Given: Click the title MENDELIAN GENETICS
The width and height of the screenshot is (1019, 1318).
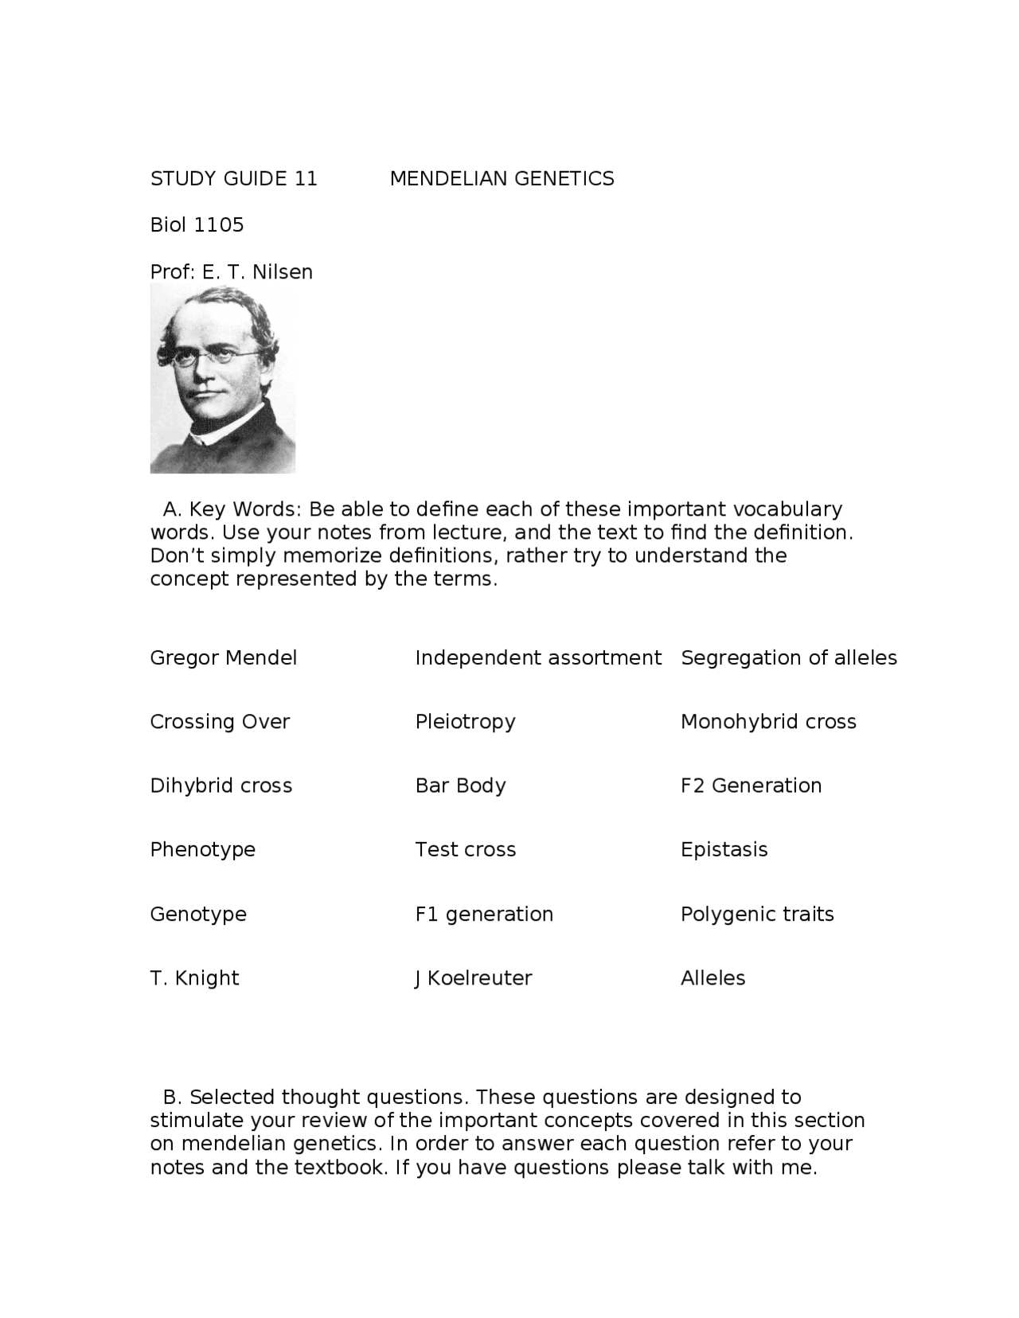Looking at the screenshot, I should tap(502, 178).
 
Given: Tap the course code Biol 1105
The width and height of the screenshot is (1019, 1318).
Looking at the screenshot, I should tap(197, 225).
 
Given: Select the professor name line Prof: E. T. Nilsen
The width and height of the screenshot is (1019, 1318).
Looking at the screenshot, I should tap(231, 272).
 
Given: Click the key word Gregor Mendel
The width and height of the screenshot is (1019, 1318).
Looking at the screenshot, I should tap(223, 658).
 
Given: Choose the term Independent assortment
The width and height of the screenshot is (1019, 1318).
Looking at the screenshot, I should tap(537, 658).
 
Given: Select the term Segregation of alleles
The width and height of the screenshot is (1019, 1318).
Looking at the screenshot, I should tap(788, 658).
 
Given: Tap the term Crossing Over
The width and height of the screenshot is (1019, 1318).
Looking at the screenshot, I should tap(220, 722).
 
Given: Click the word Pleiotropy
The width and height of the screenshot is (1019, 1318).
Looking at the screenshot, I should tap(465, 722).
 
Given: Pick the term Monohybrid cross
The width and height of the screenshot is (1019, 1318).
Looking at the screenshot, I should tap(768, 722).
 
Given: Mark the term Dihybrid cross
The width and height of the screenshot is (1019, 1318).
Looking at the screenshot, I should tap(221, 786).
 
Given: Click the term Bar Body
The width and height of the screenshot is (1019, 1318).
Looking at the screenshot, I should tap(460, 786).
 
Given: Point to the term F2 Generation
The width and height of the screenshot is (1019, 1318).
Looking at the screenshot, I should tap(751, 786).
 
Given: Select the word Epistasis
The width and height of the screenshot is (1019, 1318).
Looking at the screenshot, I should tap(724, 849).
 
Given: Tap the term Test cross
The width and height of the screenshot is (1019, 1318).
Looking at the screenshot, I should tap(465, 849).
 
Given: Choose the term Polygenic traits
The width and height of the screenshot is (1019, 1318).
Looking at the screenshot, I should tap(757, 914).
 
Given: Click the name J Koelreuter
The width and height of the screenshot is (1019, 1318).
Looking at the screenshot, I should tap(473, 977).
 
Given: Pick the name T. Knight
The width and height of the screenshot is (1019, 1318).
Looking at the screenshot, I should tap(194, 977).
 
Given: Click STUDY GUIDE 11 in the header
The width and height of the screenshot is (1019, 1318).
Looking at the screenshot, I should tap(233, 178).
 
